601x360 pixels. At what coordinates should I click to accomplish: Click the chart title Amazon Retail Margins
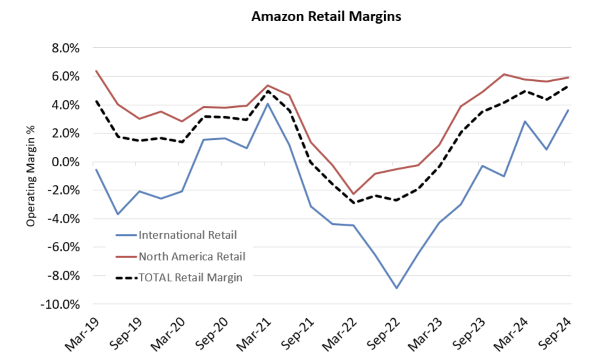click(x=326, y=17)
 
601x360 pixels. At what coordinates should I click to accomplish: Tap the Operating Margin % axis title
click(x=31, y=176)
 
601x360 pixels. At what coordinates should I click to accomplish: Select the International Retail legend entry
click(x=187, y=235)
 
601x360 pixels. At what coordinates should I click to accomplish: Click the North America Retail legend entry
click(x=192, y=257)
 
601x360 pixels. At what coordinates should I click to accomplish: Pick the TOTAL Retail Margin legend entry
click(x=190, y=277)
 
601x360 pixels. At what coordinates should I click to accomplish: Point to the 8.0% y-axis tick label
click(x=66, y=49)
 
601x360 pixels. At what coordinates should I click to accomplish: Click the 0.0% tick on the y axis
click(x=66, y=162)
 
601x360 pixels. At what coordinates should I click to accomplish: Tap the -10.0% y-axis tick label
click(x=60, y=304)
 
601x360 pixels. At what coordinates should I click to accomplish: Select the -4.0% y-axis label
click(x=64, y=219)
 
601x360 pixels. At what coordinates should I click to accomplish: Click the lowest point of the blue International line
click(x=397, y=288)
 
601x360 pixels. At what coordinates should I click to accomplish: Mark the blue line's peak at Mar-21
click(x=268, y=104)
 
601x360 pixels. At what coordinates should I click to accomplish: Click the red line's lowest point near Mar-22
click(x=354, y=194)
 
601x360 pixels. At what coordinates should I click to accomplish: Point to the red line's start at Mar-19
click(x=96, y=71)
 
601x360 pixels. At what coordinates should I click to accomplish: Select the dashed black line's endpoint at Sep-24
click(x=568, y=86)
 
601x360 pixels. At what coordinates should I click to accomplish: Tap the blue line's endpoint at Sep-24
click(x=568, y=110)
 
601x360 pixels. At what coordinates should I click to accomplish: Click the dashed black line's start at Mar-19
click(x=96, y=101)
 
